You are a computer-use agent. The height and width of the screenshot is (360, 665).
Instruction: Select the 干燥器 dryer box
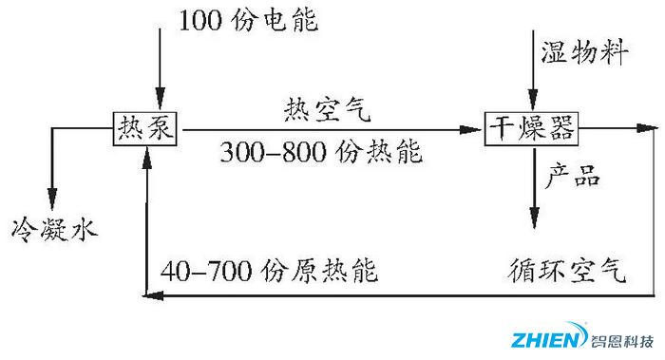[533, 127]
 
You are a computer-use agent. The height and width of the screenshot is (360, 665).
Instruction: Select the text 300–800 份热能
[321, 152]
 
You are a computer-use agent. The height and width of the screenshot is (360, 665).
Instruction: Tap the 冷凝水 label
[53, 228]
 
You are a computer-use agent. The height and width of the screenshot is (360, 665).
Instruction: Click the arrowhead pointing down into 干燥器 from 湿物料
[533, 105]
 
